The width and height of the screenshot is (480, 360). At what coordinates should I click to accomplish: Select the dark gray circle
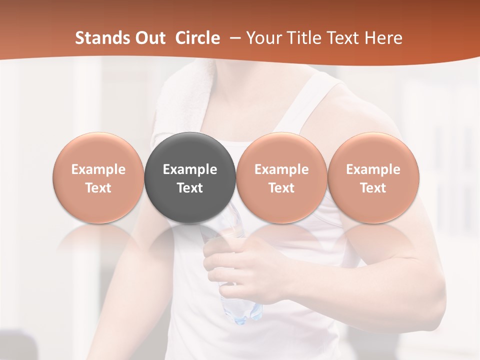point(190,177)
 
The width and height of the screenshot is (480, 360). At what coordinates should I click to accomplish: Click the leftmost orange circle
point(98,177)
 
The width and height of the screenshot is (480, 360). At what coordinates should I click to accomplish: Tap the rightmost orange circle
point(373,177)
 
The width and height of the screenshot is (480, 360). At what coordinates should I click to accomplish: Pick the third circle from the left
point(281,177)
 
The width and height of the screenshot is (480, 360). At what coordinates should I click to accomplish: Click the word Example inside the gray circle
point(190,169)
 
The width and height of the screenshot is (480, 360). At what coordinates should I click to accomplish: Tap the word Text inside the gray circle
point(190,188)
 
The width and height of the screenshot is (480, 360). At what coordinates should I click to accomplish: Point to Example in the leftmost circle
point(98,169)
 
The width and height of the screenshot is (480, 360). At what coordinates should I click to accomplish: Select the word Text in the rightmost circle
point(373,188)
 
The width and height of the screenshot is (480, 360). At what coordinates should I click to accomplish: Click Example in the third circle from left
point(281,169)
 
